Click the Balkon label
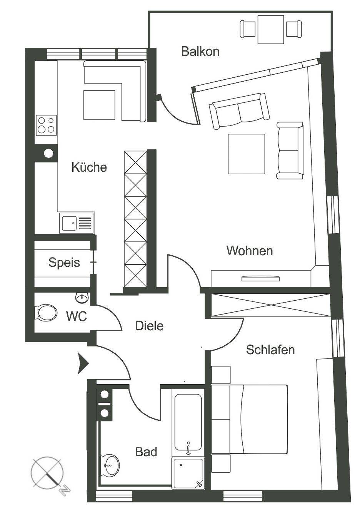click(x=200, y=52)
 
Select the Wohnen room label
click(x=250, y=251)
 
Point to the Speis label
click(x=64, y=263)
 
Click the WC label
click(x=77, y=316)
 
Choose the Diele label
click(x=149, y=326)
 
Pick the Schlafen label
click(x=270, y=350)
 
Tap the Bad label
click(x=146, y=452)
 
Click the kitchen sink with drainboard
click(x=77, y=223)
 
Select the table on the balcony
click(x=271, y=29)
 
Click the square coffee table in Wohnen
click(x=247, y=154)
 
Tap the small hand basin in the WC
click(x=82, y=298)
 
